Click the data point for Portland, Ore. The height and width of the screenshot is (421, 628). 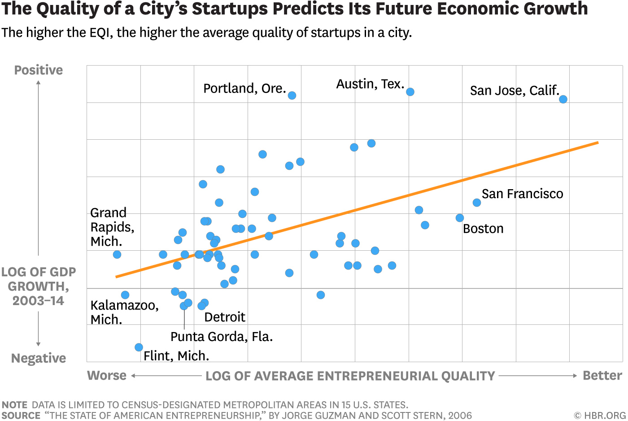(292, 95)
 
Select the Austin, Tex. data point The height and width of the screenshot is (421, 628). (410, 92)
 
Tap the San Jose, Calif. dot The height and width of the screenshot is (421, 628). (563, 99)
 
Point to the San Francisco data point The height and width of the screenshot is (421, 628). (477, 203)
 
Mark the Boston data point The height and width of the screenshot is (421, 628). (460, 218)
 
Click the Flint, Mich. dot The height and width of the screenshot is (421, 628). (139, 347)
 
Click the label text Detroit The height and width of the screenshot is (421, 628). (224, 317)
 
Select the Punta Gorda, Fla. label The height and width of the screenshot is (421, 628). (222, 337)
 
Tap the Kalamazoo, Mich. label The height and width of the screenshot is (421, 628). (124, 312)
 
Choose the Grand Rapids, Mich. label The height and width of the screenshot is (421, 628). (112, 227)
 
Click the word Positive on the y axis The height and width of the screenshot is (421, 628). (39, 70)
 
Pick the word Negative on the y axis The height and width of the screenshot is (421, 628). (39, 358)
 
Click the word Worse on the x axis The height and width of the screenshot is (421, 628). (107, 376)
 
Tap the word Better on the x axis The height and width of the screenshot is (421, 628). (602, 376)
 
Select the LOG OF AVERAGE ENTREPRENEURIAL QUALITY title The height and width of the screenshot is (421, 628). (350, 376)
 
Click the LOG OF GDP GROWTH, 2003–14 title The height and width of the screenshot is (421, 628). (39, 286)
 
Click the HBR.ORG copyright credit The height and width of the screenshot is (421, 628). (600, 416)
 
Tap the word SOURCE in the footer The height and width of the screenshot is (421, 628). (21, 416)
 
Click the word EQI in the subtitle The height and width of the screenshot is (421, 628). (100, 33)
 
